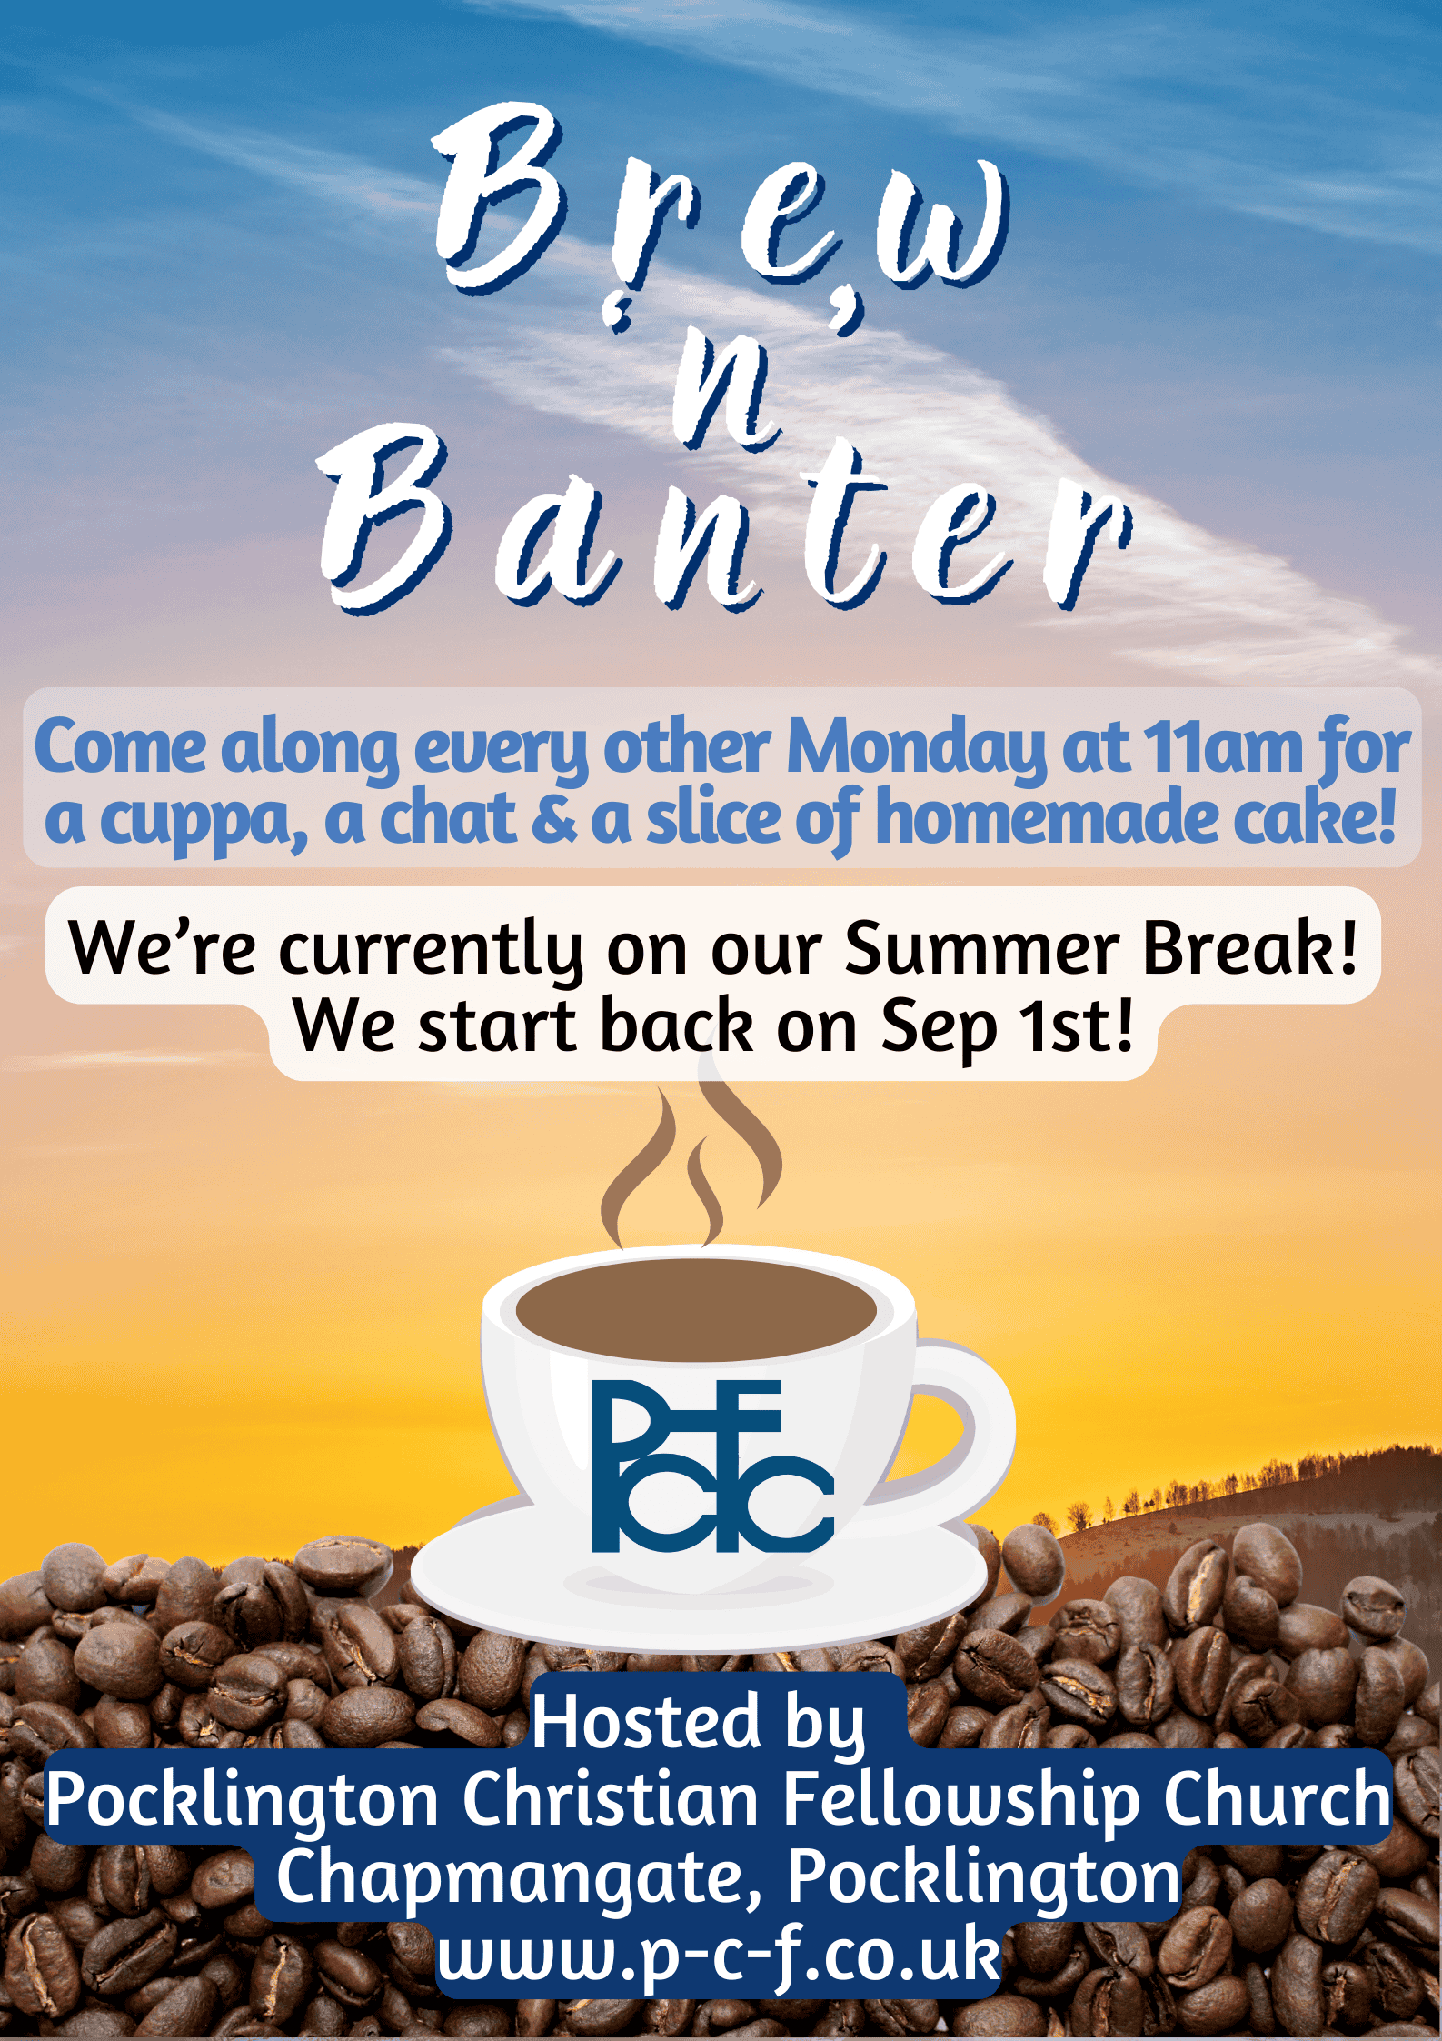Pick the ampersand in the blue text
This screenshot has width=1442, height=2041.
coord(553,818)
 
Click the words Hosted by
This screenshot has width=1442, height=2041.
coord(698,1722)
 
